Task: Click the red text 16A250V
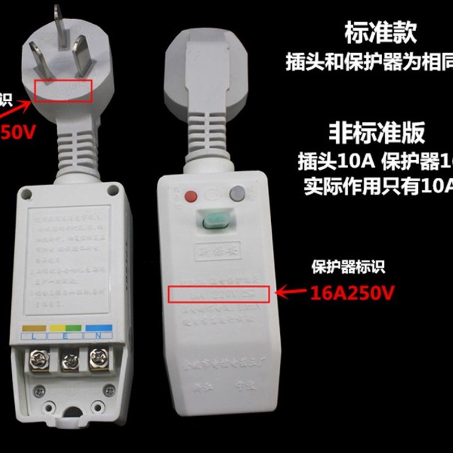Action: click(352, 293)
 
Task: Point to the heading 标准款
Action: click(381, 34)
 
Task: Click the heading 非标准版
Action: click(377, 133)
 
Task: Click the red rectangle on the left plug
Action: click(63, 91)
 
